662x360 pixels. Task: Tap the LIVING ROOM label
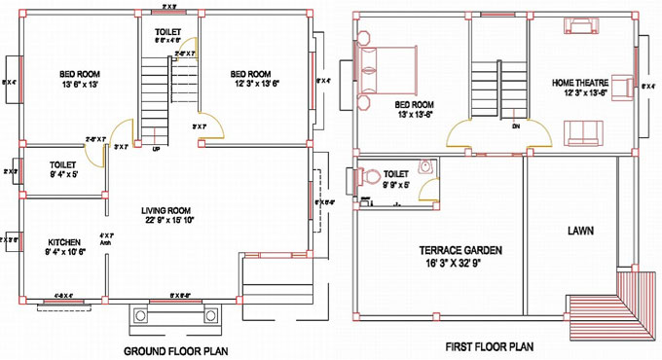point(166,209)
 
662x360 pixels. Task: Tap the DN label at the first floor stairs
point(515,125)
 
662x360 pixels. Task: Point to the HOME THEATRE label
point(581,83)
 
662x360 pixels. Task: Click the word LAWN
point(582,231)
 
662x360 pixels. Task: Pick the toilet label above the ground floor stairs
point(168,31)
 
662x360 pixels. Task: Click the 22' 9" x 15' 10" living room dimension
point(166,220)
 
